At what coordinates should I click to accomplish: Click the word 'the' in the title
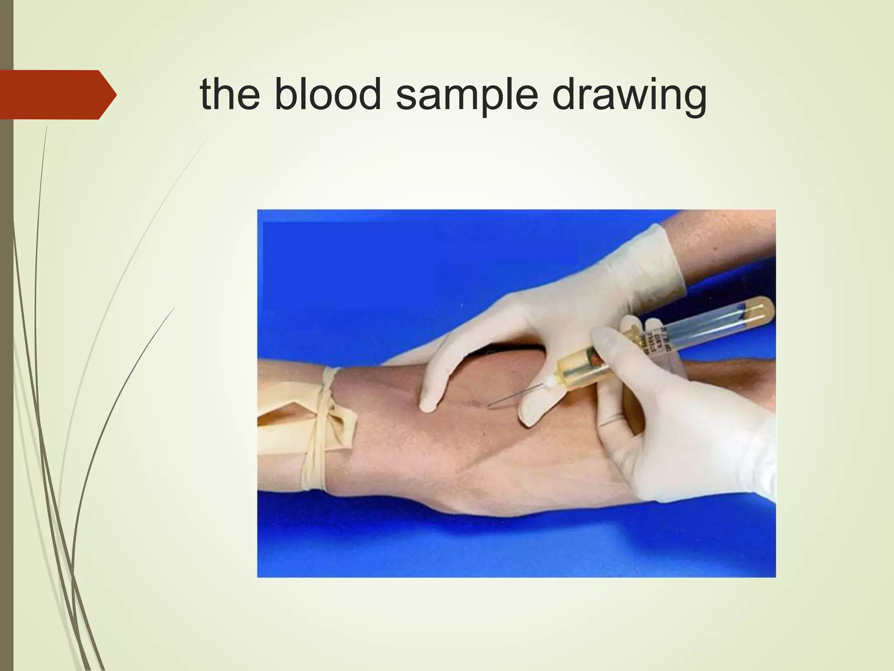(230, 94)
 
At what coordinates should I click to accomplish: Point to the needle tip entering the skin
(490, 407)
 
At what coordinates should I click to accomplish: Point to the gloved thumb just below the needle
(535, 411)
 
